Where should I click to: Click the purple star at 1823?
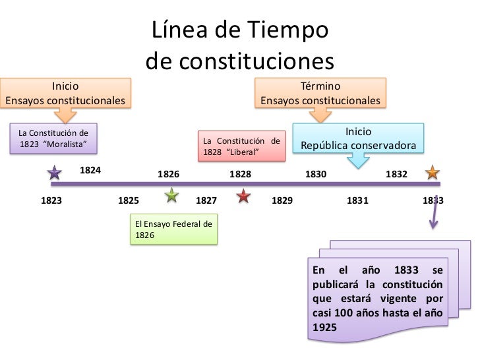point(55,173)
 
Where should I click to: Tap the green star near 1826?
point(171,195)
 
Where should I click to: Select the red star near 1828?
point(244,195)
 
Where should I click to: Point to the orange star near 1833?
point(433,173)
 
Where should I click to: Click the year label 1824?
point(90,170)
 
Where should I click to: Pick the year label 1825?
point(129,200)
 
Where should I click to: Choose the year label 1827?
point(207,200)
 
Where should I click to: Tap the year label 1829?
point(282,200)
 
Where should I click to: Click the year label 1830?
point(316,175)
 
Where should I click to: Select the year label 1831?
point(357,200)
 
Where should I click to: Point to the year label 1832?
point(396,175)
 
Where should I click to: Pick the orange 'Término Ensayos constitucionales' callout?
point(320,94)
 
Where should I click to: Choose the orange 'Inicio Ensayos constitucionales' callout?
point(65,94)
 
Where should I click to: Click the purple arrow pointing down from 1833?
point(434,211)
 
